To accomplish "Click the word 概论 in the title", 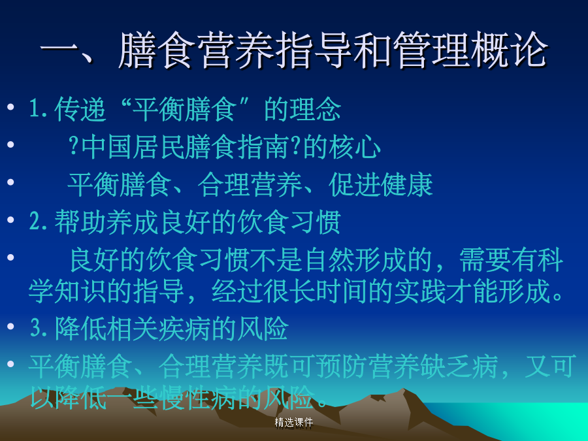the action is click(x=510, y=50).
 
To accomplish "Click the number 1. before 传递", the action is click(x=39, y=109).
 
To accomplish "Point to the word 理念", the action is click(x=302, y=109).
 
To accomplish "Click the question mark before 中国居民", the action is click(x=73, y=146).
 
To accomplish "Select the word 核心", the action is click(x=355, y=146).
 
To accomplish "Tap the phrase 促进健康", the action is click(x=381, y=185).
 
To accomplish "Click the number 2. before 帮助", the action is click(x=39, y=222).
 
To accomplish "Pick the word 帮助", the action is click(x=80, y=222).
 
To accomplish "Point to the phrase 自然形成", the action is click(x=355, y=259).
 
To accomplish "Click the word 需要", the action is click(x=485, y=259).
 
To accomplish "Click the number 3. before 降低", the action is click(x=39, y=329).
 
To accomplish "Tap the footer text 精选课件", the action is click(x=293, y=423).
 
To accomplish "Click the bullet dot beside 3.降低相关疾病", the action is click(x=10, y=327).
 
